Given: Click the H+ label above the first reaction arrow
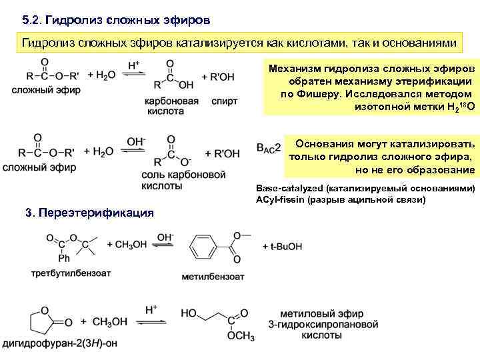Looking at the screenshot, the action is tap(134, 65).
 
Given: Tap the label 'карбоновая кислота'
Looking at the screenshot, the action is tap(172, 106).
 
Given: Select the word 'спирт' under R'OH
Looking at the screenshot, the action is tap(223, 101).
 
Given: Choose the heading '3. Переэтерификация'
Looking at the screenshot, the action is tap(89, 213).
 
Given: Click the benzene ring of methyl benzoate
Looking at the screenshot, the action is tap(204, 247).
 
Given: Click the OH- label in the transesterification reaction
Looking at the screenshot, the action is tap(165, 237).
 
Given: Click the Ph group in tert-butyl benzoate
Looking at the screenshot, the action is tap(63, 259).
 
